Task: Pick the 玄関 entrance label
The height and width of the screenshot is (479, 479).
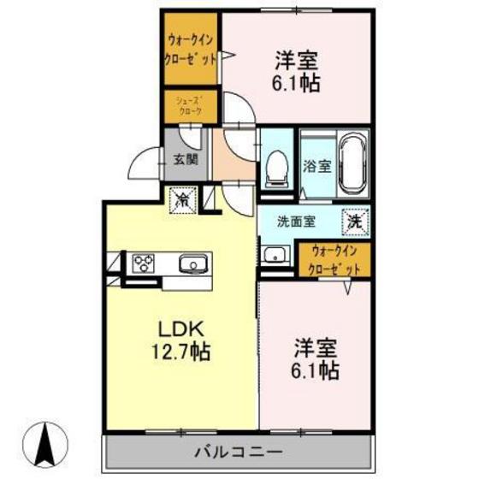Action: [x=186, y=160]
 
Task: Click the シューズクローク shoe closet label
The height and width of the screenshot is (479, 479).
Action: [x=189, y=105]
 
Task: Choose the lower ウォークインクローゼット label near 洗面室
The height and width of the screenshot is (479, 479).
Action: [x=334, y=259]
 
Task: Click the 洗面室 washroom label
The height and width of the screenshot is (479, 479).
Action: [x=296, y=221]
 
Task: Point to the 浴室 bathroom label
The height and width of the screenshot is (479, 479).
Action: [x=316, y=166]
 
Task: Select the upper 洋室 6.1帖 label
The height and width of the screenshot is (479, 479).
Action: [x=298, y=71]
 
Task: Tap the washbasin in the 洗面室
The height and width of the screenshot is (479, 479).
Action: [x=275, y=255]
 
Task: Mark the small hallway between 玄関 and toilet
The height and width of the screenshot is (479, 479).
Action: [x=232, y=158]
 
